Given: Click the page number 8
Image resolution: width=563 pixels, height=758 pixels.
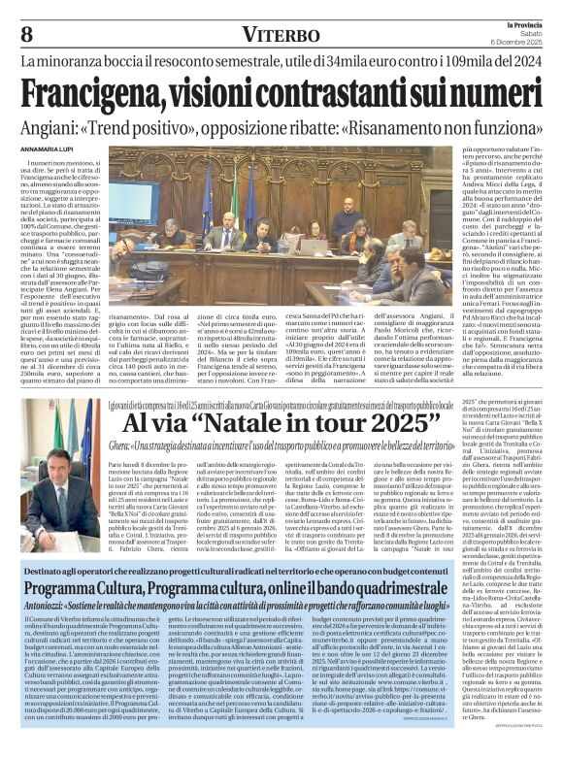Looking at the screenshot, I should coord(27,33).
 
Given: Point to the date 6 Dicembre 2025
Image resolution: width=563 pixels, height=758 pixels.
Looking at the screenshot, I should coord(519,44).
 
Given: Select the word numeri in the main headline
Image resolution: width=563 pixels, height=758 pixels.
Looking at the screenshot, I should coord(488,95).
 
